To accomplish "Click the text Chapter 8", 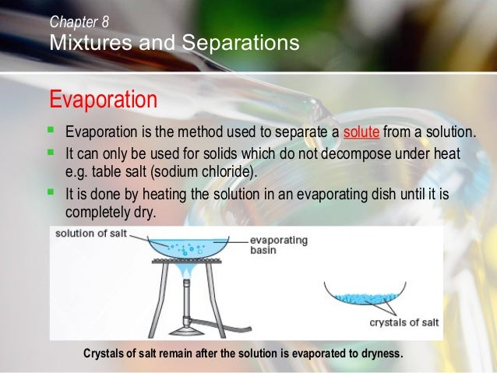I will (x=79, y=22).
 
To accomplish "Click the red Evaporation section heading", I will (x=103, y=100).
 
